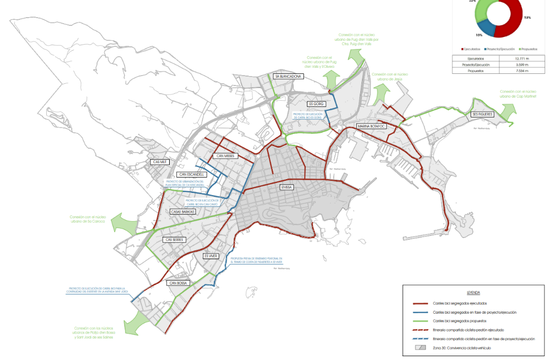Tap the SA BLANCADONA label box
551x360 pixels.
click(x=289, y=77)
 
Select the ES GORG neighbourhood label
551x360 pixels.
click(x=315, y=104)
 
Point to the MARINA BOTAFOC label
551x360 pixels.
click(x=372, y=126)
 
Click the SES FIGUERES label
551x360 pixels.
click(x=481, y=114)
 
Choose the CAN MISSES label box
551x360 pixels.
click(x=225, y=156)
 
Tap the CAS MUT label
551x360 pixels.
click(x=160, y=162)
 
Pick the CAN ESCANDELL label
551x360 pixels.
click(x=192, y=174)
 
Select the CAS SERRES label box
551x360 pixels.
click(x=175, y=240)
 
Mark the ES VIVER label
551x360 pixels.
click(x=211, y=256)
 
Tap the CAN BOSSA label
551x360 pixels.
click(x=179, y=283)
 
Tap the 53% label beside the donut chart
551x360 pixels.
click(x=527, y=18)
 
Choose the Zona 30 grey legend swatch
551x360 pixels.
click(x=422, y=349)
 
